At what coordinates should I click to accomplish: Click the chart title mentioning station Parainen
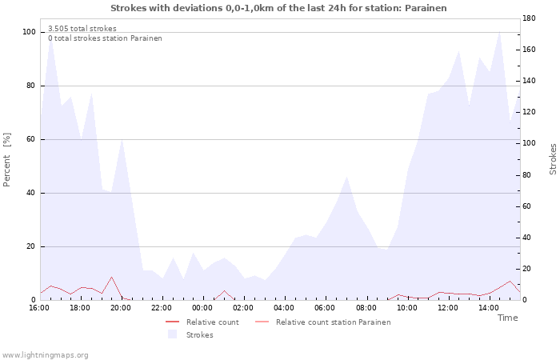tap(278, 8)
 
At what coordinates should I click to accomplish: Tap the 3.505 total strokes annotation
tap(82, 29)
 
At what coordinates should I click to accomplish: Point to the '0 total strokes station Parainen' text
tap(105, 38)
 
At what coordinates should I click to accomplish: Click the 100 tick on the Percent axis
tap(30, 32)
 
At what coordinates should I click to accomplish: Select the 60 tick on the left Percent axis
tap(31, 139)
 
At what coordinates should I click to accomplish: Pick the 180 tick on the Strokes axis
tap(529, 18)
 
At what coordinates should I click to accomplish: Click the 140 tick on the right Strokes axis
tap(529, 81)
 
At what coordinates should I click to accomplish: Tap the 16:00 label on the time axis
tap(39, 308)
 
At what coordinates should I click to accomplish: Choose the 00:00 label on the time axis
tap(202, 308)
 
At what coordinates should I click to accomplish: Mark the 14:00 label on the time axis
tap(488, 308)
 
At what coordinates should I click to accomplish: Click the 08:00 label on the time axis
tap(366, 308)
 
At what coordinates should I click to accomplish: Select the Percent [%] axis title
tap(6, 160)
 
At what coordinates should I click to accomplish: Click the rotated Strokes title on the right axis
tap(553, 159)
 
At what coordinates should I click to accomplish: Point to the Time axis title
tap(507, 318)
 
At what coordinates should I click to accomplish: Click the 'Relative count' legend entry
tap(202, 322)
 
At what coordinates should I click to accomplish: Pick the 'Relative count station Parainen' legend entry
tap(323, 322)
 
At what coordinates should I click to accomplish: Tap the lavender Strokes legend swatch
tap(173, 334)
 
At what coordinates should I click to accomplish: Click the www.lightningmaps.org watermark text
tap(44, 355)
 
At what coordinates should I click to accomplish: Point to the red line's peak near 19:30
tap(111, 277)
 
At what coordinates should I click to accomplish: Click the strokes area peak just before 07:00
tap(346, 177)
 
